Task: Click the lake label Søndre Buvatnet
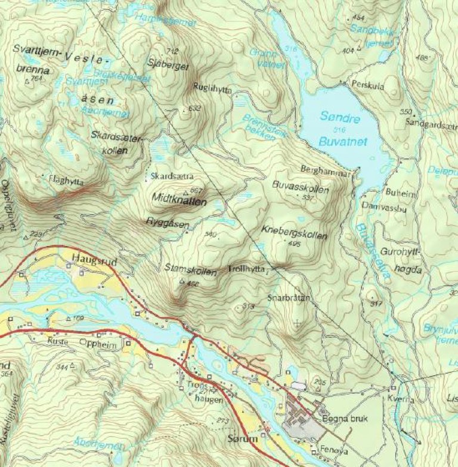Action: tap(341, 130)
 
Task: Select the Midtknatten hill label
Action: tap(180, 202)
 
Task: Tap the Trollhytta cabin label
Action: tap(246, 269)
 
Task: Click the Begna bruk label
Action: tap(345, 419)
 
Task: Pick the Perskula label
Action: tap(368, 85)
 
